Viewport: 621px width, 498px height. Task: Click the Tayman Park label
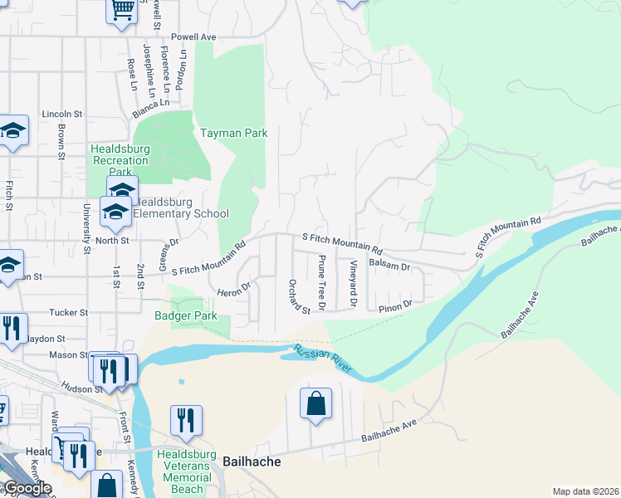tap(233, 133)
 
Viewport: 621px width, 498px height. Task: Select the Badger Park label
tap(185, 315)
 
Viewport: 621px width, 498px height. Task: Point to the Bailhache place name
tap(252, 461)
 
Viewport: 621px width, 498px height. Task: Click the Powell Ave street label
tap(193, 37)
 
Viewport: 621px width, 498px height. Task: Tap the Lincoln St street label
tap(62, 114)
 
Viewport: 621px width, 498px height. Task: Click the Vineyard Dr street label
tap(353, 283)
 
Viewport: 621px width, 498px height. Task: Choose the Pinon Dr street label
tap(394, 307)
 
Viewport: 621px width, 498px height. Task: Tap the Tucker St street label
tap(69, 313)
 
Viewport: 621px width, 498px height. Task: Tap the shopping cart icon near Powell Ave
tap(122, 10)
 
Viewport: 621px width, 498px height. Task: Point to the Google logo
tap(27, 488)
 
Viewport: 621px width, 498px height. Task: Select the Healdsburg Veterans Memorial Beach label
tap(188, 477)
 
